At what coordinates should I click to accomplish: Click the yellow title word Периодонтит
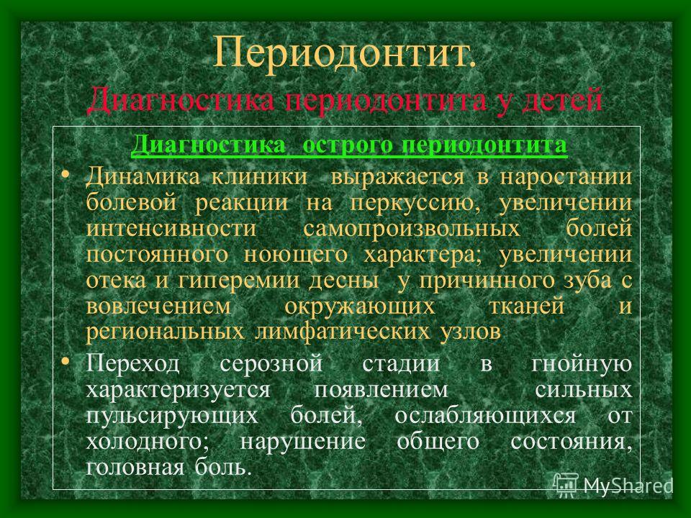344,52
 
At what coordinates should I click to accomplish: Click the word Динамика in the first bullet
143,177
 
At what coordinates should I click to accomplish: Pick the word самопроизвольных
412,229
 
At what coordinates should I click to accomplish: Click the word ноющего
296,255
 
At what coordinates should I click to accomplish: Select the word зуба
587,280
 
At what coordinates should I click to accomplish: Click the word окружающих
360,306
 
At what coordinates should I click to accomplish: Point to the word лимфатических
342,332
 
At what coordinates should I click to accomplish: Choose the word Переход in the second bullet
132,364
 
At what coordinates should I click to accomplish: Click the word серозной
271,365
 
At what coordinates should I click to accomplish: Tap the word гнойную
582,364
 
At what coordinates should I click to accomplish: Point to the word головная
135,468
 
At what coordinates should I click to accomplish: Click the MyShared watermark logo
613,486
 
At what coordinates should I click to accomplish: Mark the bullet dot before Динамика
66,175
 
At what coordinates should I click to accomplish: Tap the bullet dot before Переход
66,362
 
